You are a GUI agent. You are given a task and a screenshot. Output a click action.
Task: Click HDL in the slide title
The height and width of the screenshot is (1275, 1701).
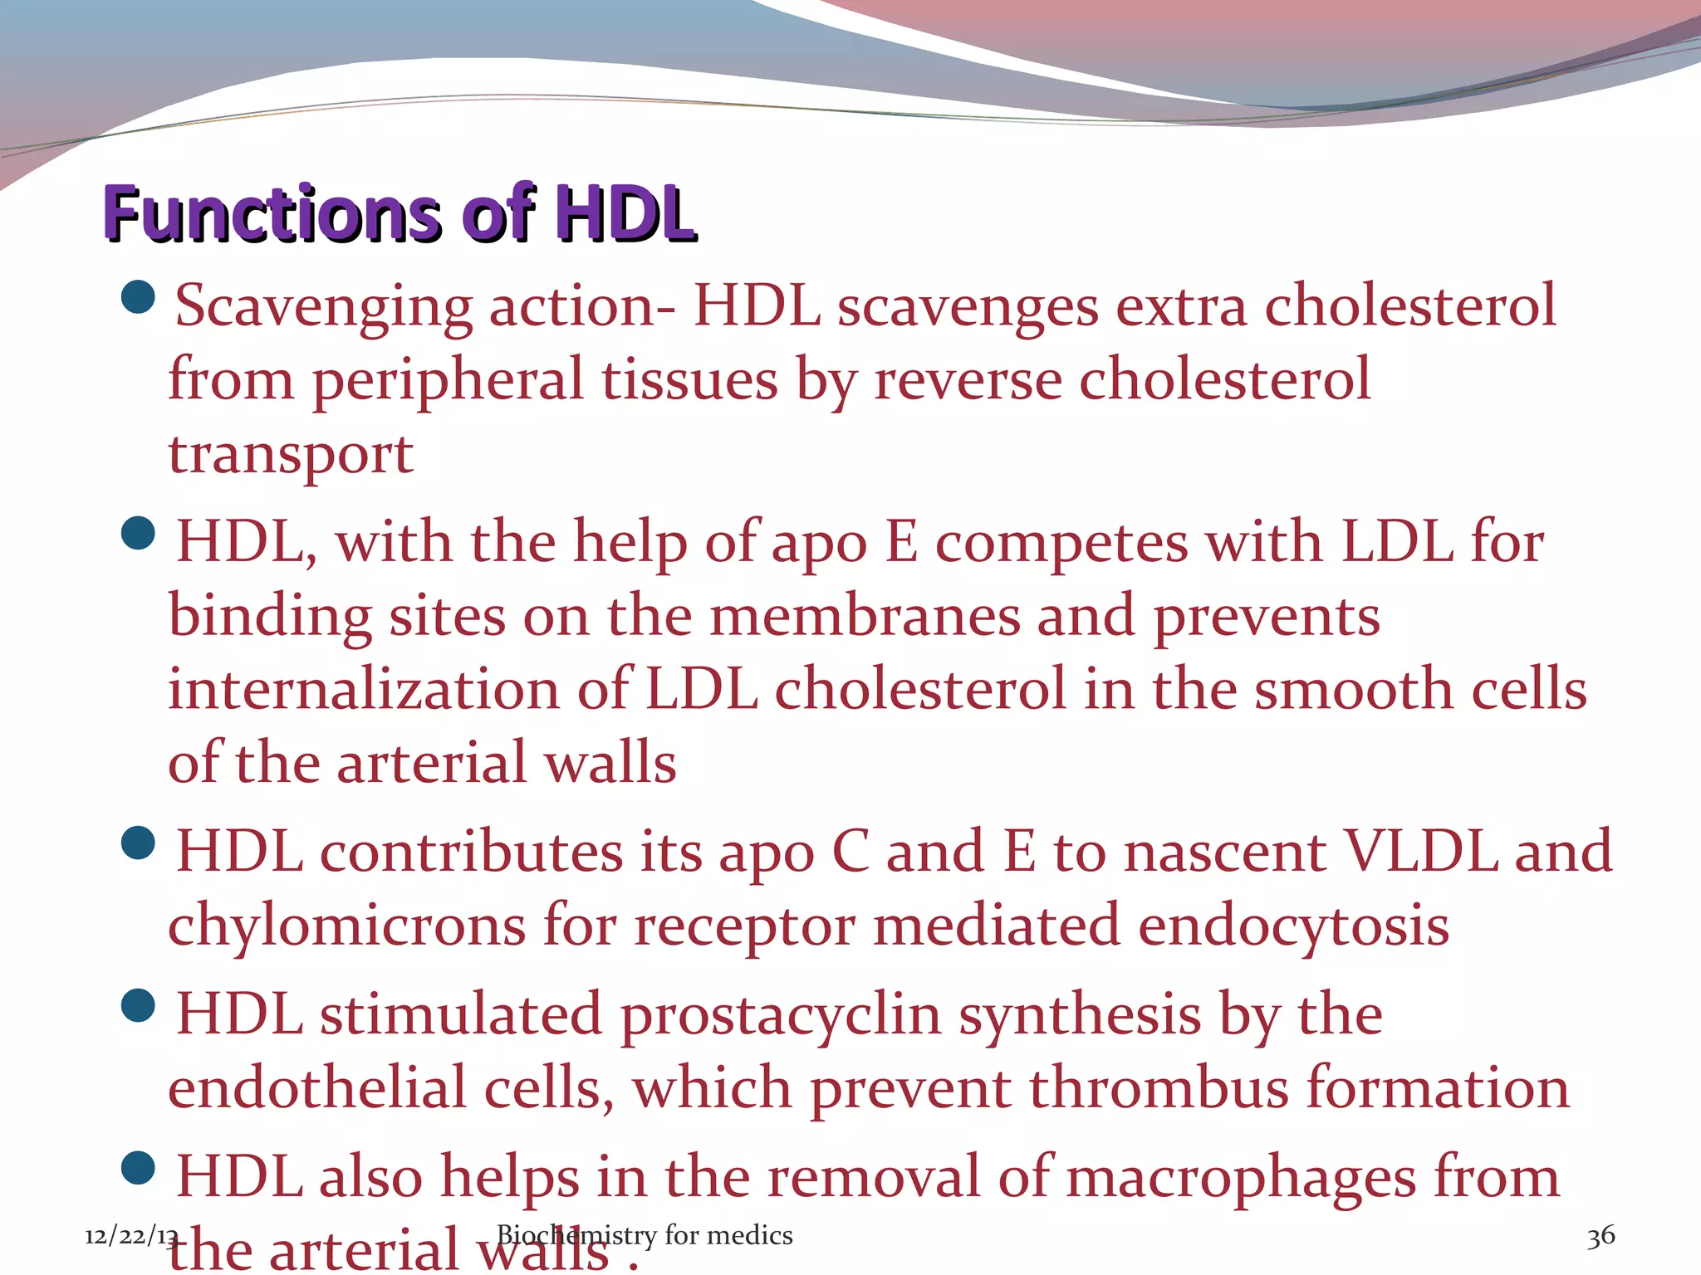pos(625,213)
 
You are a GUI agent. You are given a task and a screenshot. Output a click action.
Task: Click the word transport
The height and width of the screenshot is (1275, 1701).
pos(291,455)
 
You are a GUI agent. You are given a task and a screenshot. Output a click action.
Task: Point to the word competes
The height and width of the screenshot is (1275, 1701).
pos(1061,545)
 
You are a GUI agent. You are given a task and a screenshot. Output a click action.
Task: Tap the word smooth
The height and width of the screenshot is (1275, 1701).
pos(1354,689)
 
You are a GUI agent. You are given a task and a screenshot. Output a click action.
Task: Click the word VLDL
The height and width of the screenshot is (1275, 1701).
pos(1420,852)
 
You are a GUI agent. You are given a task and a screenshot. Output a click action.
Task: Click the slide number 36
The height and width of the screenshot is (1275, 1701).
pos(1601,1236)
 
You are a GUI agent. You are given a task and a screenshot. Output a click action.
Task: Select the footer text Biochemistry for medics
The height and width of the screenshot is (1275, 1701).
pos(645,1235)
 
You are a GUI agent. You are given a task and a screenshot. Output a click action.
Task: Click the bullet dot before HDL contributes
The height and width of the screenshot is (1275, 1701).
pos(138,843)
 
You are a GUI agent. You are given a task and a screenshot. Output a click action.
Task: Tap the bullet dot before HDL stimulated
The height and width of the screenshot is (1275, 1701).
pos(138,1006)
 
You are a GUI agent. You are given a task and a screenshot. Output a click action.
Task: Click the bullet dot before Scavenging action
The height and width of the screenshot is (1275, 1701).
pos(138,297)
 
